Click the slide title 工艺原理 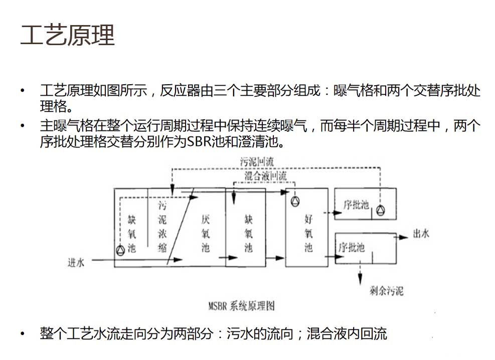67,35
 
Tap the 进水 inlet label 76,262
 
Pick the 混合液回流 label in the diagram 265,176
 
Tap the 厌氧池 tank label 206,234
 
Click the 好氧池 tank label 308,234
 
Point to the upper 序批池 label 356,205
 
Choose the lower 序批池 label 352,248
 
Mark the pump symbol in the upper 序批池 382,210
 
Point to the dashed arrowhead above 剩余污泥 360,277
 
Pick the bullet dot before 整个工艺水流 22,333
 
